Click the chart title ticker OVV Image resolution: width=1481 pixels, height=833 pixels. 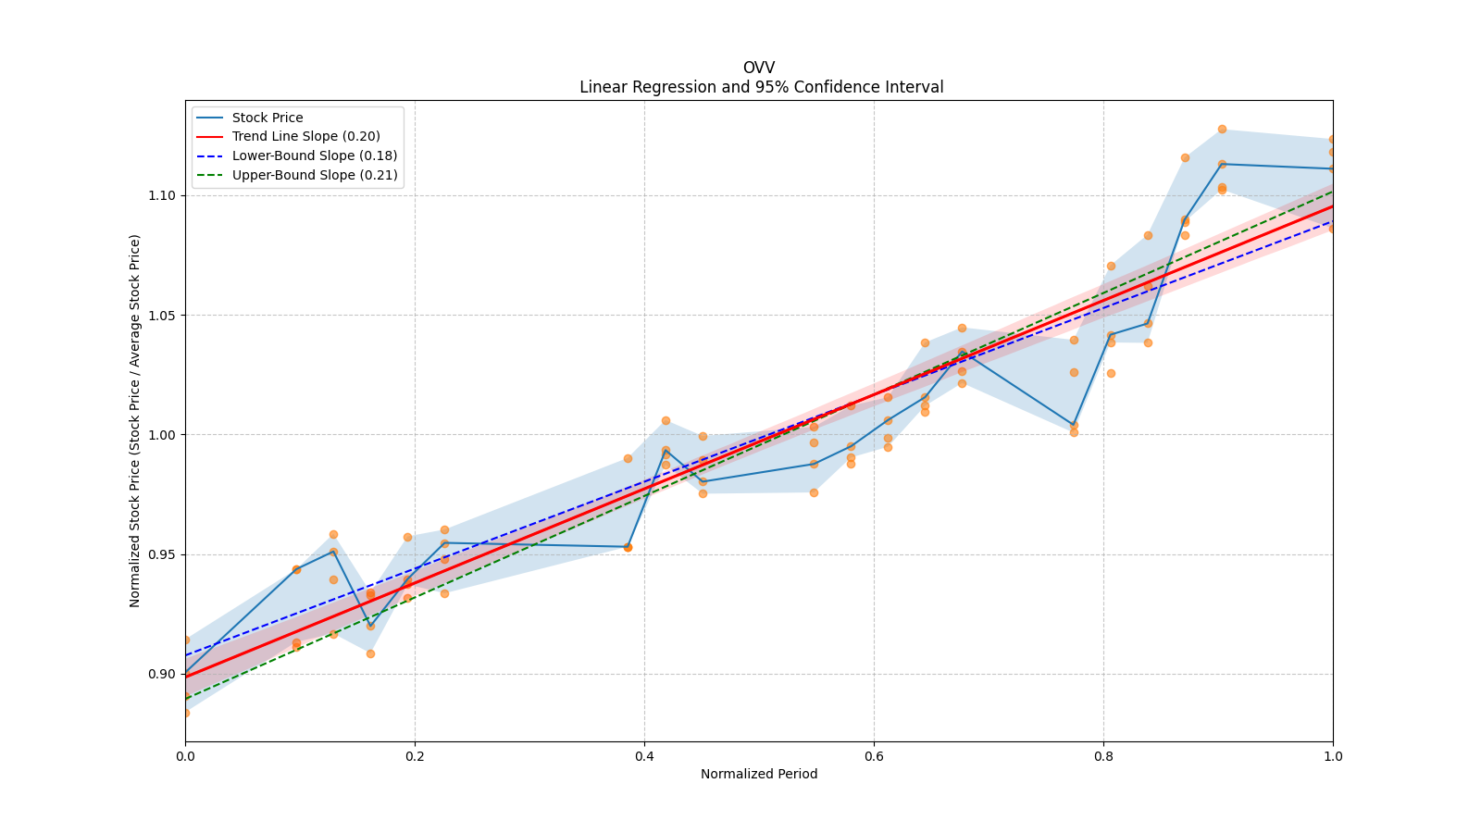click(758, 68)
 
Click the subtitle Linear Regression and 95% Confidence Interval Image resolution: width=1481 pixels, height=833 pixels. click(761, 87)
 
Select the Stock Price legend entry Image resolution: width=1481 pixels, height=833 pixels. click(268, 118)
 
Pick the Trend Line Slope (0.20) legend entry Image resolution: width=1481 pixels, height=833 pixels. click(305, 137)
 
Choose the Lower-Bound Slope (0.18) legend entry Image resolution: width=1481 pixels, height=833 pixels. click(315, 155)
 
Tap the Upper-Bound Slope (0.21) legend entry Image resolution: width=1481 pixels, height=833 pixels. click(315, 175)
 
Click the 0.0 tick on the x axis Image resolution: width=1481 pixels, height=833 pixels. click(185, 756)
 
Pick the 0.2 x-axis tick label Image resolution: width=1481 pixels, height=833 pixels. click(415, 756)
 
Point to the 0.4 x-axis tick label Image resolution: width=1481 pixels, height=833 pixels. click(644, 756)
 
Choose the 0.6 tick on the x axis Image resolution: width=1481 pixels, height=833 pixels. click(874, 756)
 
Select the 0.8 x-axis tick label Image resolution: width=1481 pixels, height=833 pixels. click(1103, 756)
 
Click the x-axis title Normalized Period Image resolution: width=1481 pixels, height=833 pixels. click(759, 774)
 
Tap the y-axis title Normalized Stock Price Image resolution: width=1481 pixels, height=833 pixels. click(135, 421)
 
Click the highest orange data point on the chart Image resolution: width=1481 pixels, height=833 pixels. click(1222, 129)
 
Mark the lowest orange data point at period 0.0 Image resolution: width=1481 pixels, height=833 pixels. click(185, 713)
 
